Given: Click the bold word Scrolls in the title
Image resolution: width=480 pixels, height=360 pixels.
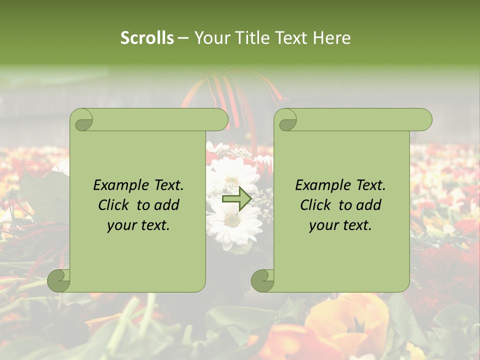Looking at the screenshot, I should (147, 37).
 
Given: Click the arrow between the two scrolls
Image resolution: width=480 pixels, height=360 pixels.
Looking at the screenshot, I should (236, 199).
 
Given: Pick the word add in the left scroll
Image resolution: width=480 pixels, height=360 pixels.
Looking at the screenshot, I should (167, 205).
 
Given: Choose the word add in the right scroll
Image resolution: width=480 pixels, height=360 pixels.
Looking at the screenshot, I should (369, 205).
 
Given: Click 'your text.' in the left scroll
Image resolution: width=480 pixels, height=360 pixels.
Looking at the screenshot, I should (138, 225).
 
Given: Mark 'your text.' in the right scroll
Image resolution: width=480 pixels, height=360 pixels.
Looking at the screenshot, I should (340, 225).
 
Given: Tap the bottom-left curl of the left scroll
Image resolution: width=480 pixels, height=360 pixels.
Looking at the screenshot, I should (59, 280).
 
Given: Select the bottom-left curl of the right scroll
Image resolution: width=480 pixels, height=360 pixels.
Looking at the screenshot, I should (262, 280).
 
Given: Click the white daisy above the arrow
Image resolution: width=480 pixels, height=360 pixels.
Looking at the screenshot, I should (230, 172).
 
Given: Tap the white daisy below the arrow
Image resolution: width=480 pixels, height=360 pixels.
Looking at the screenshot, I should (231, 222).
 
